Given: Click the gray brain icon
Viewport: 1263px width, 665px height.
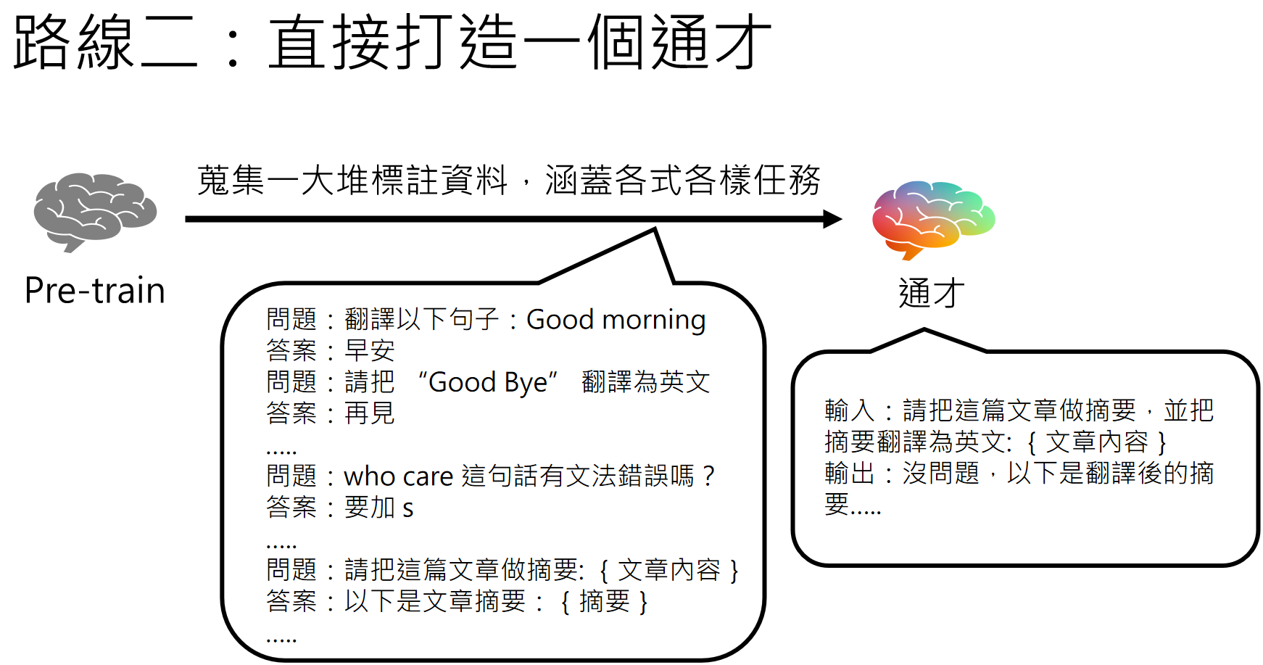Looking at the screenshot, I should [95, 211].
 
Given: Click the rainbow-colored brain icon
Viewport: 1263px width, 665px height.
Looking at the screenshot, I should [933, 218].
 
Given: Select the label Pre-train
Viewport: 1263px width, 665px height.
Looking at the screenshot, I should [95, 291].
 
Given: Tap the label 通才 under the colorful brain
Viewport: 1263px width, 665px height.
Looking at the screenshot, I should [932, 294].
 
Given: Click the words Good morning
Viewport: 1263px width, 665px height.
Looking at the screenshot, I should [616, 320].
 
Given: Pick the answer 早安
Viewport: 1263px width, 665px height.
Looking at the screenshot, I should [369, 351].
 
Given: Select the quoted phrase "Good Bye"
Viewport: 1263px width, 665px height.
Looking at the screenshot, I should [488, 382].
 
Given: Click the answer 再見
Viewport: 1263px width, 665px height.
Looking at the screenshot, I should [369, 413].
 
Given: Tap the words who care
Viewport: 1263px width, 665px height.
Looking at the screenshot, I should [398, 476].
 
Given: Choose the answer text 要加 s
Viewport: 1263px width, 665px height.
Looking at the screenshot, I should [378, 508].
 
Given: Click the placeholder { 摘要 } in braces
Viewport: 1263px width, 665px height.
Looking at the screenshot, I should [604, 602].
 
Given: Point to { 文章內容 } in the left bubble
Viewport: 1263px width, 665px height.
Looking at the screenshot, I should [668, 570].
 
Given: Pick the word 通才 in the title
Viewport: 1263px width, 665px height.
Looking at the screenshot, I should [711, 42].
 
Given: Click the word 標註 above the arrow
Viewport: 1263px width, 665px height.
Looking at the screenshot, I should [405, 181].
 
